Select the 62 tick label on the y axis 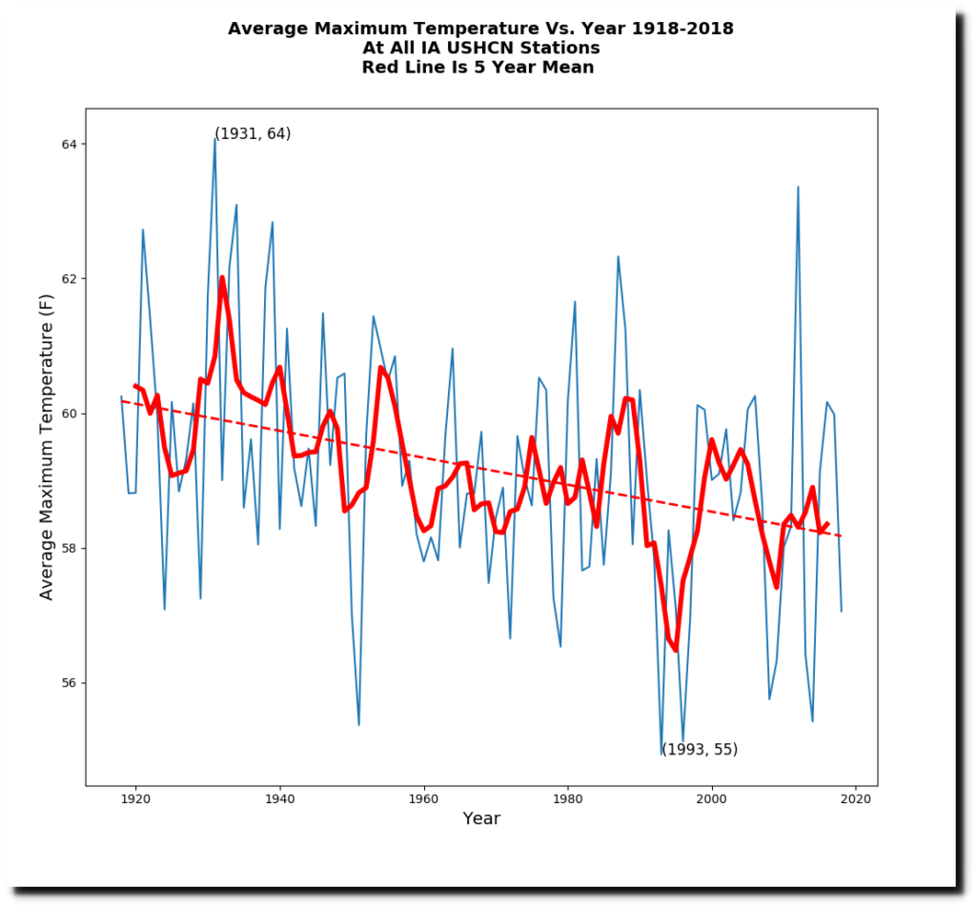[x=71, y=279]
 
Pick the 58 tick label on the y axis [x=71, y=549]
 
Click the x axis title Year [x=481, y=818]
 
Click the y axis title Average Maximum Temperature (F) [x=47, y=447]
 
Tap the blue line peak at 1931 [x=215, y=139]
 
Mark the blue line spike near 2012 [x=798, y=188]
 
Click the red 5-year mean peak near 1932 [x=222, y=278]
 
